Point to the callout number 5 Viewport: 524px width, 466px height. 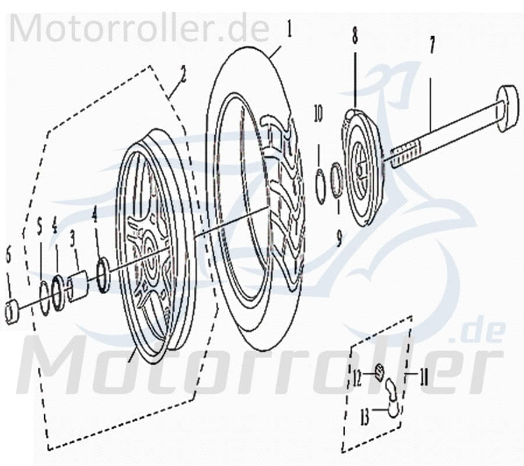tap(40, 225)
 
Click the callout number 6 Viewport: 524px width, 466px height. tap(8, 253)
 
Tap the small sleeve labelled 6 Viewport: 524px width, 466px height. tap(12, 312)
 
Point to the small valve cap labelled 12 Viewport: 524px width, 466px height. tap(379, 370)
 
